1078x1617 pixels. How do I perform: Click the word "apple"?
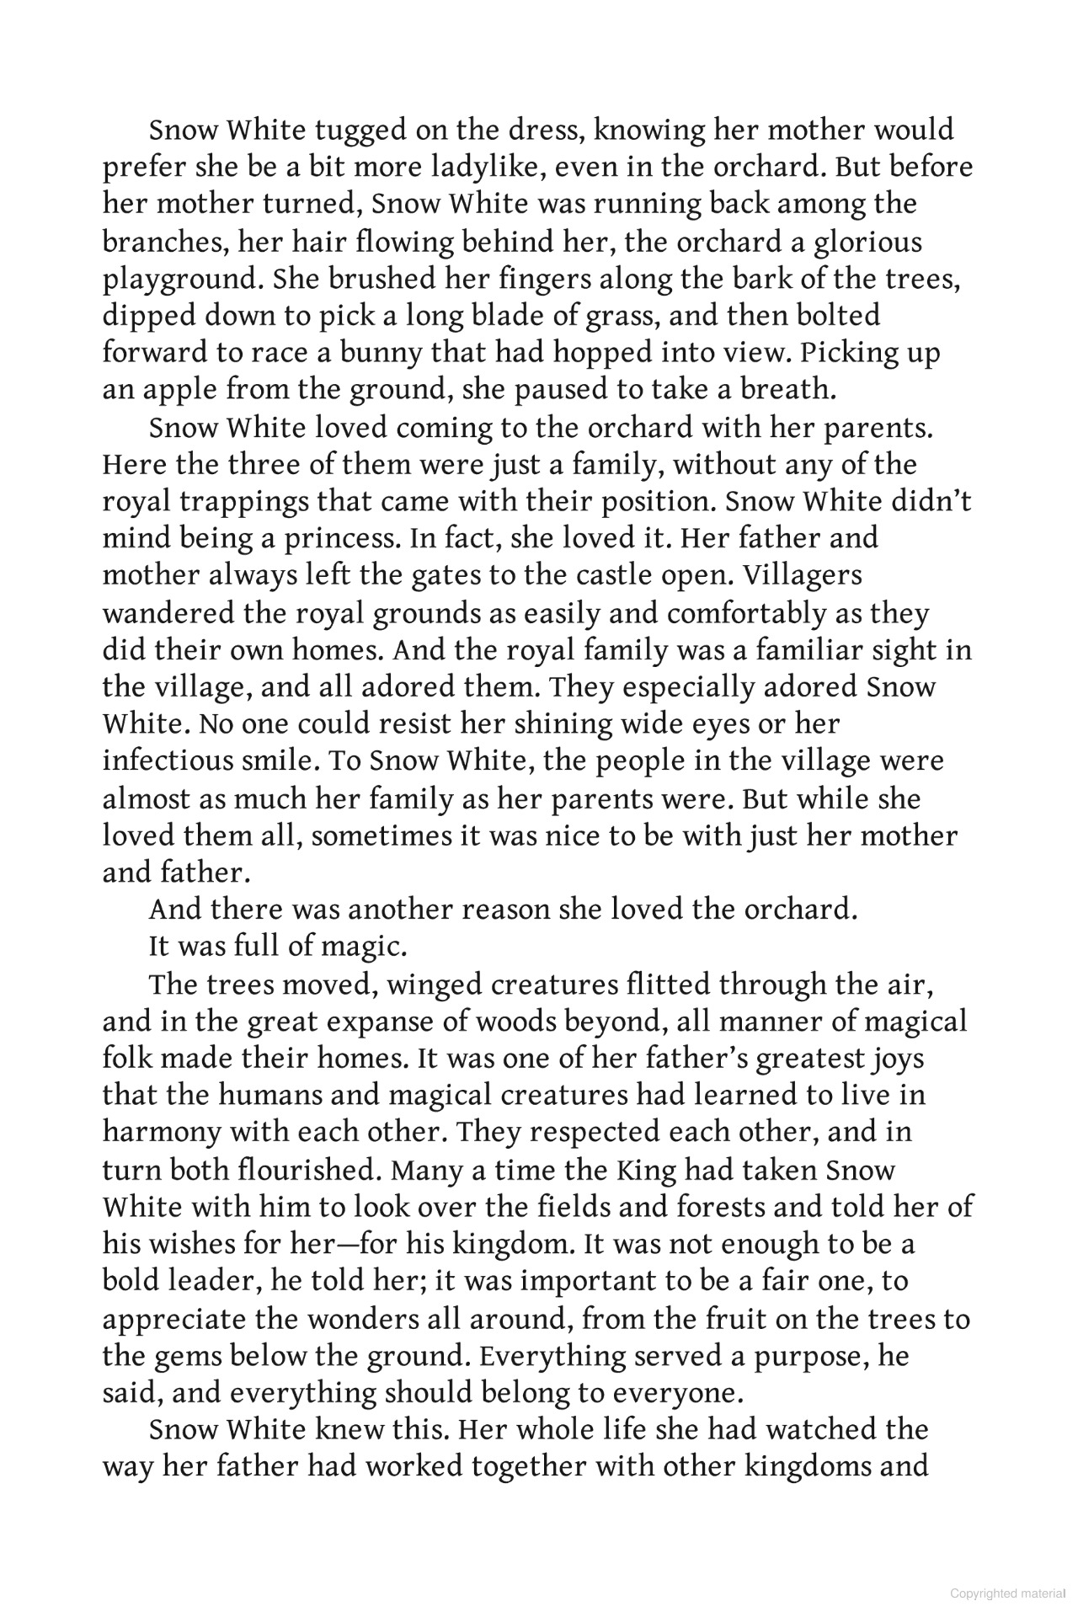point(173,390)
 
